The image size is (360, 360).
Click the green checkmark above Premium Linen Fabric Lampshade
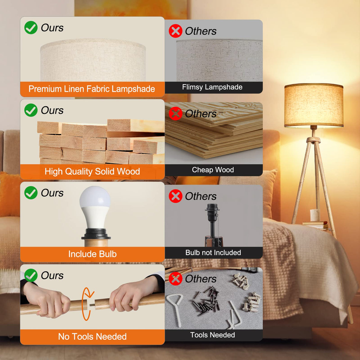(31, 28)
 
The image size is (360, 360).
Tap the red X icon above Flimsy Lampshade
(176, 31)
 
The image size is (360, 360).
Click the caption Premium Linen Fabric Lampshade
(92, 89)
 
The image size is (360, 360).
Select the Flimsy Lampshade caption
(212, 87)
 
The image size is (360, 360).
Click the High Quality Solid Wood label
(92, 171)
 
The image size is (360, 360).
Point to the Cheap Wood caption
(213, 170)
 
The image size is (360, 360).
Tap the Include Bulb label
(92, 254)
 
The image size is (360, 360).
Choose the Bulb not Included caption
(213, 253)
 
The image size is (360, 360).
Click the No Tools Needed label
(92, 337)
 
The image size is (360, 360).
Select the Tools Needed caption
(213, 335)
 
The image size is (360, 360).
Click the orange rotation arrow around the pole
(86, 304)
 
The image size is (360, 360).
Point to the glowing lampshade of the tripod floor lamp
(314, 105)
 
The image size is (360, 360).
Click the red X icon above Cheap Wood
(176, 114)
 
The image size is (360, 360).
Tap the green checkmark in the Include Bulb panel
(31, 193)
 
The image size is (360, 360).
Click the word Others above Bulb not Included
(201, 196)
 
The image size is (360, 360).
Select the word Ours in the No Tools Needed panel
(52, 275)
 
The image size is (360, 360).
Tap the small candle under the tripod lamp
(315, 215)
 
